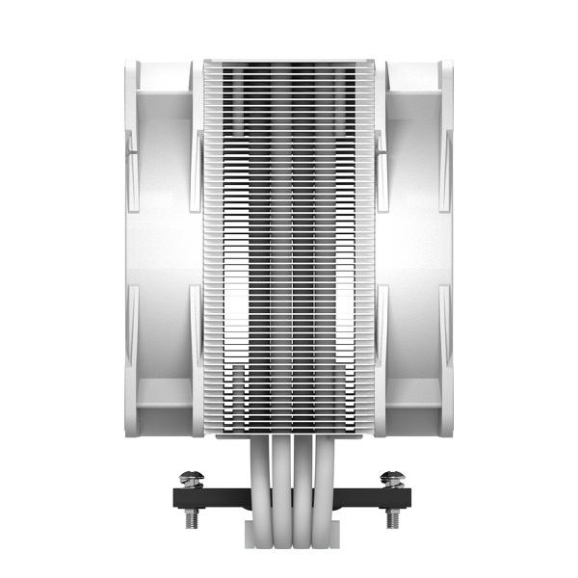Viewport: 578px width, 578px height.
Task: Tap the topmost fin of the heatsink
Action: (289, 61)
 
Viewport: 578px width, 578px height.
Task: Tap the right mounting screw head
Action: (392, 478)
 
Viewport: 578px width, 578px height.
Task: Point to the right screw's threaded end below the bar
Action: (392, 518)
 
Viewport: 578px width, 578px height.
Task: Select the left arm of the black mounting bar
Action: (207, 498)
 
